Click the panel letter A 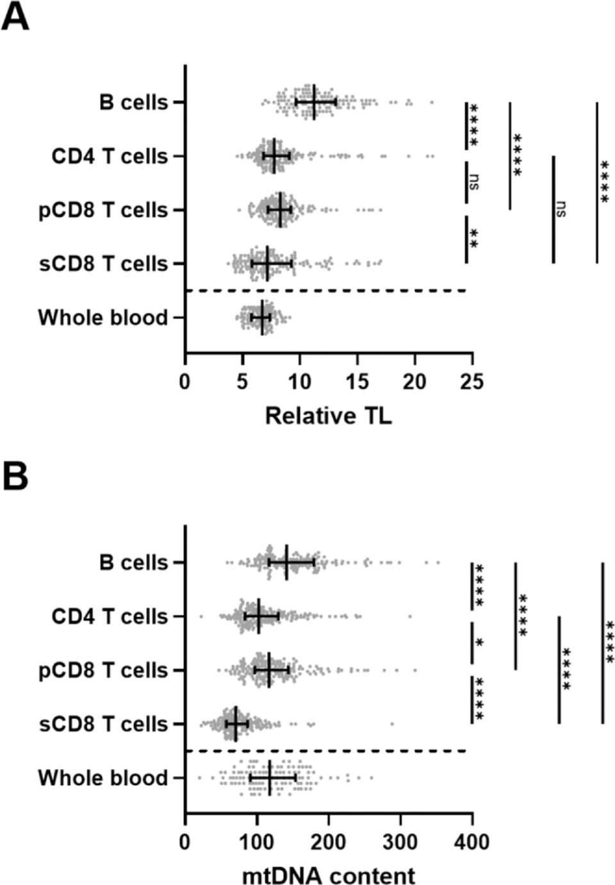pyautogui.click(x=15, y=17)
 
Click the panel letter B pyautogui.click(x=15, y=477)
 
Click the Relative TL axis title pyautogui.click(x=328, y=416)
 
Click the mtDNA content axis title pyautogui.click(x=328, y=875)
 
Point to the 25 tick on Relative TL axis pyautogui.click(x=472, y=382)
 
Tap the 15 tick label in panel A pyautogui.click(x=357, y=382)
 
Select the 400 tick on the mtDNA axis pyautogui.click(x=472, y=841)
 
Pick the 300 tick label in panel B pyautogui.click(x=400, y=841)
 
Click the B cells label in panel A pyautogui.click(x=133, y=103)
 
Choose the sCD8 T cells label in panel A pyautogui.click(x=103, y=263)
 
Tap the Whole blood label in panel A pyautogui.click(x=102, y=317)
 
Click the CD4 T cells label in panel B pyautogui.click(x=110, y=616)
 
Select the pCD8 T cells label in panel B pyautogui.click(x=103, y=670)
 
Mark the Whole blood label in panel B pyautogui.click(x=102, y=778)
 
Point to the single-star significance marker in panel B pyautogui.click(x=479, y=643)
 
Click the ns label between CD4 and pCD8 pyautogui.click(x=474, y=182)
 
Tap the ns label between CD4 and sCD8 pyautogui.click(x=561, y=208)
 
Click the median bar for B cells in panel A pyautogui.click(x=314, y=102)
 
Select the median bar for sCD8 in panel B pyautogui.click(x=236, y=724)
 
